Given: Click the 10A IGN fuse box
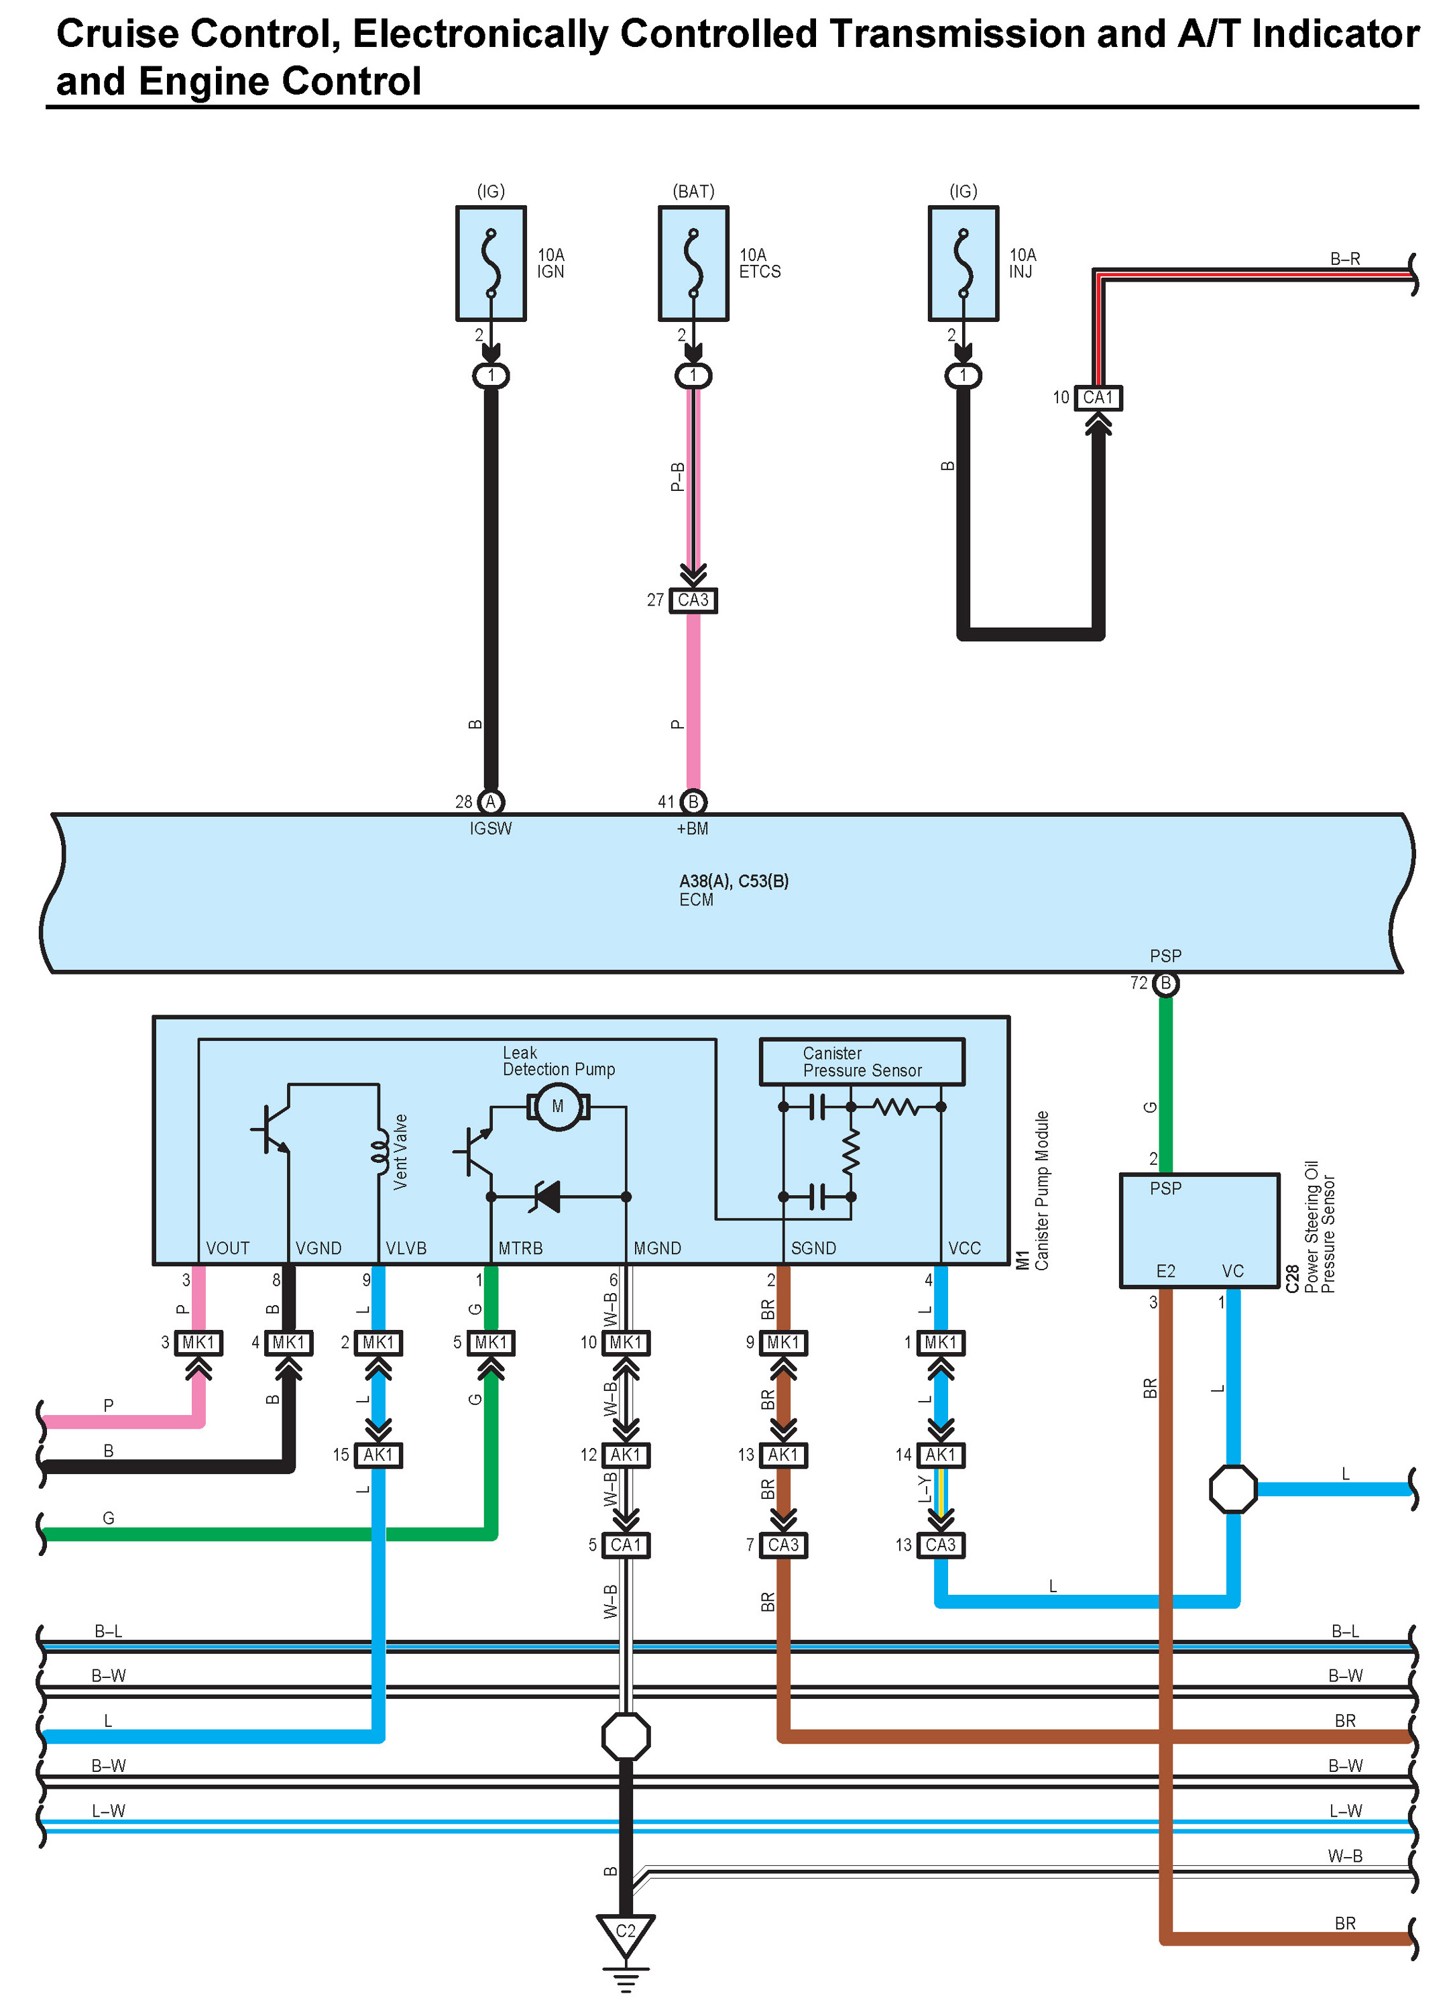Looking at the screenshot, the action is (x=491, y=264).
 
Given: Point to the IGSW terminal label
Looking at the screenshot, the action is (x=491, y=828).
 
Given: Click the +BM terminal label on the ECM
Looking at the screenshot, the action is (x=693, y=828).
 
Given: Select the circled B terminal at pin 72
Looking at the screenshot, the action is (x=1165, y=983).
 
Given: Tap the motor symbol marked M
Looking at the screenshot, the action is (x=558, y=1106).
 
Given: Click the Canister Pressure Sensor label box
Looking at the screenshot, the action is (x=862, y=1062).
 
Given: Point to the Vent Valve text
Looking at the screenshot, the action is (x=400, y=1152).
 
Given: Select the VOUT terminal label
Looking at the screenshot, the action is (x=228, y=1248).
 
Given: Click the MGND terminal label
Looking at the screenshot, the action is (x=657, y=1248).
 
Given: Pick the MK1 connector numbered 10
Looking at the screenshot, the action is (x=626, y=1342).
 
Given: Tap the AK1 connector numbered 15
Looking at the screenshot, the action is (x=378, y=1455).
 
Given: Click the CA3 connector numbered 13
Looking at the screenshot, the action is (x=940, y=1545).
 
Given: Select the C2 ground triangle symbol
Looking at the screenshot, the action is (x=626, y=1936).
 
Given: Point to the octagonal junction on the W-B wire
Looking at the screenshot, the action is (x=626, y=1736).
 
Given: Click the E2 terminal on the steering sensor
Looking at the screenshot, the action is (x=1165, y=1272).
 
